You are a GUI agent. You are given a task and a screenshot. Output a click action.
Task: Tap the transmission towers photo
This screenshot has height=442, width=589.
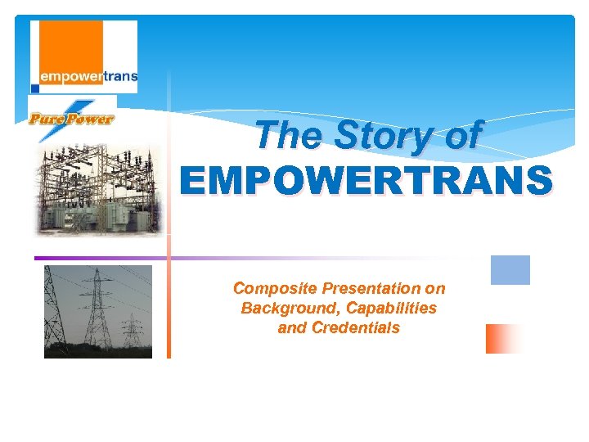pyautogui.click(x=98, y=311)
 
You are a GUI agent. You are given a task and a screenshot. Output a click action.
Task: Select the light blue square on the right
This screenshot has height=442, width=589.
pyautogui.click(x=510, y=270)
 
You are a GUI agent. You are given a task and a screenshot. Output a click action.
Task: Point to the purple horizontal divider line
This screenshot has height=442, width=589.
pyautogui.click(x=164, y=258)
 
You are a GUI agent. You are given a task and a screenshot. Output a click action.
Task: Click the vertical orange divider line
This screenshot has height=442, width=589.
pyautogui.click(x=169, y=311)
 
